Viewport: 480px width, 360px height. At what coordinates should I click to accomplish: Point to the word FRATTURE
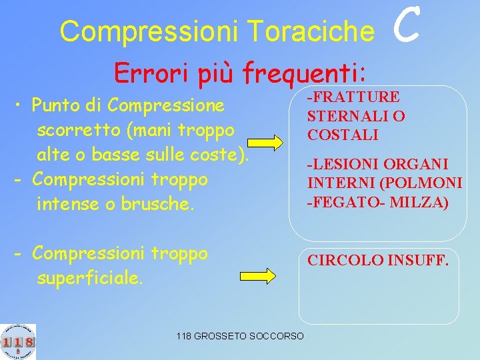(x=355, y=97)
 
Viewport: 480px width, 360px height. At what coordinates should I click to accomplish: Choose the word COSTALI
(x=343, y=135)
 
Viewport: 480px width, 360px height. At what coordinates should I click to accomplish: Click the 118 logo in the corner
(x=18, y=341)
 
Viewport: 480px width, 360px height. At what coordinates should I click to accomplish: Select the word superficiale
(x=90, y=278)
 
